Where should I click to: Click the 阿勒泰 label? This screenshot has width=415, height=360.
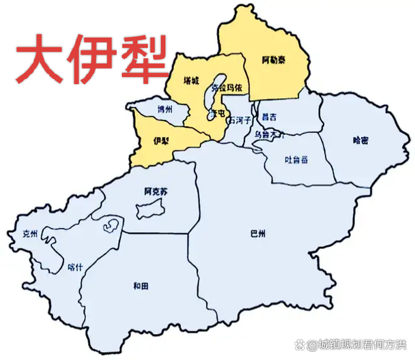point(274,60)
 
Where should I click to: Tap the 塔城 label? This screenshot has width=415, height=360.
point(191,80)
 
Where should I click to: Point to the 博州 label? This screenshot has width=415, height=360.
point(164,109)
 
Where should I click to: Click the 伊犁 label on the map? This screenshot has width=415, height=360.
point(161,140)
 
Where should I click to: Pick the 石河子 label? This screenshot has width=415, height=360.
point(240,121)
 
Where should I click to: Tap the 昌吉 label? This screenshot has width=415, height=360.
point(270,117)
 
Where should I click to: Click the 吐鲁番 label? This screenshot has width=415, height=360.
point(296,160)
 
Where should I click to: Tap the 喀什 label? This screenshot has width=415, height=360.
point(76,267)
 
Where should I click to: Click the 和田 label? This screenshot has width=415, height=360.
point(141,285)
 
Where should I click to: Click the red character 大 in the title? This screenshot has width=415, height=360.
point(40,58)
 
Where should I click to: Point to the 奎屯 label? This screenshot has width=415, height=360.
point(216,112)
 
